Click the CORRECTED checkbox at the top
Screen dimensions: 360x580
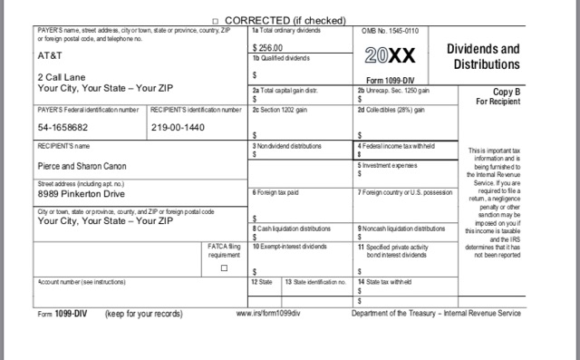(x=215, y=20)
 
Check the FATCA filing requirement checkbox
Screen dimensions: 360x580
(x=224, y=268)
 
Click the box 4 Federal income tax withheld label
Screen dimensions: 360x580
(x=395, y=146)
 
